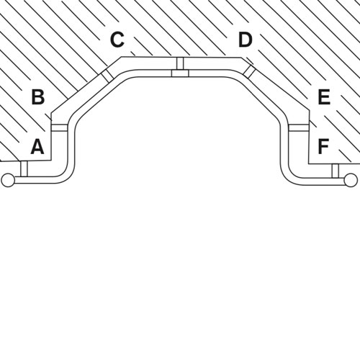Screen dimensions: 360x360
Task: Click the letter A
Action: click(37, 146)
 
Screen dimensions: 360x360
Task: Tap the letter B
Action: click(38, 97)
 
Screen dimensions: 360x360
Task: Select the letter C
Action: click(117, 40)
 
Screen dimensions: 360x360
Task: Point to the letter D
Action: click(246, 40)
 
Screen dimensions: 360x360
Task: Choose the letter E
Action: click(324, 97)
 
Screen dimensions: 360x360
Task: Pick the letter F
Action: click(323, 146)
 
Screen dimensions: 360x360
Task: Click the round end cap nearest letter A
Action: click(8, 180)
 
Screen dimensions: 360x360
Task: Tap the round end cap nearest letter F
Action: click(351, 180)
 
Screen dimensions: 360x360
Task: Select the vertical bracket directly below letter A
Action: click(24, 169)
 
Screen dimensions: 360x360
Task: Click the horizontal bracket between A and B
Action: click(59, 128)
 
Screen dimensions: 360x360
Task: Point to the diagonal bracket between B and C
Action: click(107, 76)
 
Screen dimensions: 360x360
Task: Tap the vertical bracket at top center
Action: click(180, 63)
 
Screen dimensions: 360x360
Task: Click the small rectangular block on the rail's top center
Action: click(180, 73)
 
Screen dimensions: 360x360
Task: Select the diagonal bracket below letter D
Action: click(249, 71)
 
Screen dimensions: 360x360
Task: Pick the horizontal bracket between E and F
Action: click(299, 128)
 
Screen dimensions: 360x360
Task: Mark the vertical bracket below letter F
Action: click(336, 171)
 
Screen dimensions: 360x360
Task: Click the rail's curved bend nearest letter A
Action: click(67, 173)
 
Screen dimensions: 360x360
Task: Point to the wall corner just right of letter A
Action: click(52, 161)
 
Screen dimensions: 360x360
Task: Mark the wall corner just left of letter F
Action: click(309, 164)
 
